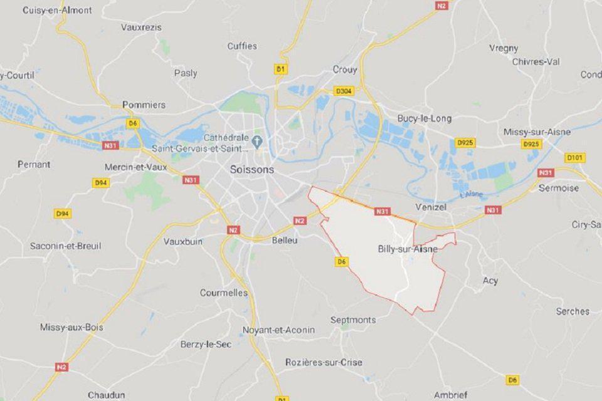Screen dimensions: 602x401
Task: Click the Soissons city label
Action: (251, 170)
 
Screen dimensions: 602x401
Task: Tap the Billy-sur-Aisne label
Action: (408, 249)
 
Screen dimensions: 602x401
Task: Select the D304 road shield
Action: (344, 91)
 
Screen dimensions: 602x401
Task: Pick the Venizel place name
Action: (430, 207)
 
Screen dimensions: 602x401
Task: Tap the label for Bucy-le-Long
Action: (424, 118)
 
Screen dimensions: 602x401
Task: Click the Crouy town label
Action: (345, 70)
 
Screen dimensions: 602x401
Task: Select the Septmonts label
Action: (353, 320)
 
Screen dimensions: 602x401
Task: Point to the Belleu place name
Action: (284, 240)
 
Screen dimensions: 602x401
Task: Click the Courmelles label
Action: (224, 293)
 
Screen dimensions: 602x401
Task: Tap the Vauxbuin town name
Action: (184, 241)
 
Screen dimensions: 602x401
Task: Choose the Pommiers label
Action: (144, 105)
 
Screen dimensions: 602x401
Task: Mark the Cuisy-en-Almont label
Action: (57, 11)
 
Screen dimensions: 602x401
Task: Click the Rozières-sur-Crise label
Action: (324, 362)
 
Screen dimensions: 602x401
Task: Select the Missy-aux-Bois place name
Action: (71, 327)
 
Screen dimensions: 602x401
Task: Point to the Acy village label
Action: (490, 281)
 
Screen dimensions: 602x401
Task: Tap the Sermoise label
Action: (559, 188)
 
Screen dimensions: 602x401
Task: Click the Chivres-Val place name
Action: (536, 61)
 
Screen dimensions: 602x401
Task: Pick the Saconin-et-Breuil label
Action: (65, 246)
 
